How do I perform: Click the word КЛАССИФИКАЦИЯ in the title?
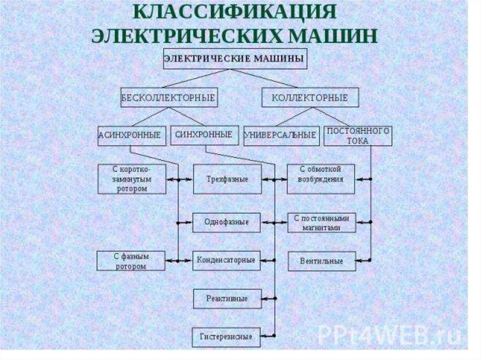(235, 13)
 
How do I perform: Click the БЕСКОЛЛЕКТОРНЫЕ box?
(169, 98)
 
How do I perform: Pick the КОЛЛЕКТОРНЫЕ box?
(310, 98)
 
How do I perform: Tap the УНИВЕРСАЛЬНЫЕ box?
(281, 135)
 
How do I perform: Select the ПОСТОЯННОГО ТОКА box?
(358, 135)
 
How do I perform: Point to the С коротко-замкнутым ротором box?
(132, 179)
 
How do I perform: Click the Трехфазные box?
(227, 179)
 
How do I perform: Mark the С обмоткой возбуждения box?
(321, 179)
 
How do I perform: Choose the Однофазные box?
(226, 222)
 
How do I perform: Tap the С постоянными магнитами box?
(322, 222)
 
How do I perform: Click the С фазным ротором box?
(131, 261)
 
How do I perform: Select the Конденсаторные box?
(226, 260)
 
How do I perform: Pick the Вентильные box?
(322, 261)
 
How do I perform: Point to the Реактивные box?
(227, 298)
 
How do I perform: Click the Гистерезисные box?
(226, 337)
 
